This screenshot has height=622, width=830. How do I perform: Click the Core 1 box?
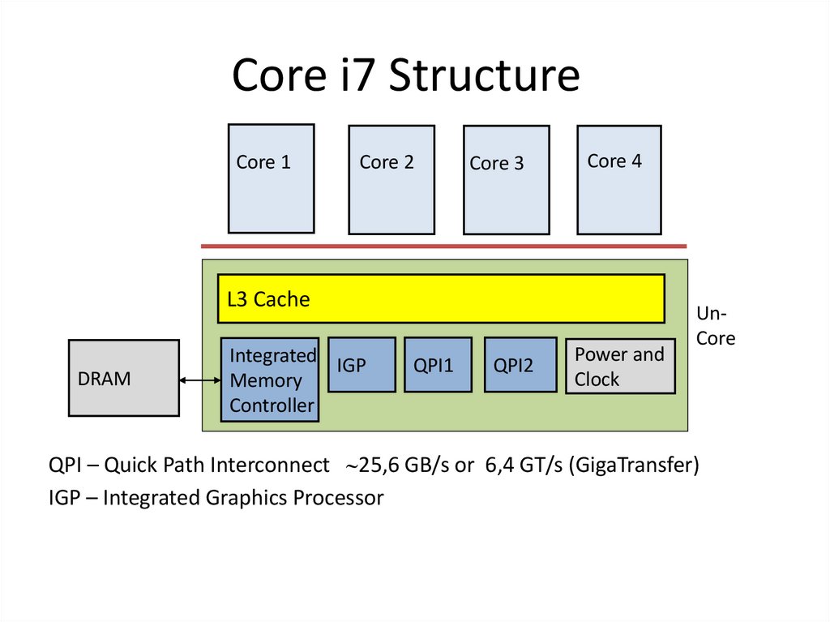(271, 178)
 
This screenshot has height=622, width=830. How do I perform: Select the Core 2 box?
(391, 179)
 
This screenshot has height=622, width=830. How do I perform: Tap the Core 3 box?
(506, 179)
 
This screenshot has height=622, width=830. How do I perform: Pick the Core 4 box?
(618, 179)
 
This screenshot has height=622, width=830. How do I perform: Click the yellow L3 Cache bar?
(441, 298)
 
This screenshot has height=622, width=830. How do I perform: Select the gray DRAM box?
(123, 378)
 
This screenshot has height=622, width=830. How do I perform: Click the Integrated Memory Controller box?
(270, 380)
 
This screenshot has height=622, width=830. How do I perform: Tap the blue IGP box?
(362, 365)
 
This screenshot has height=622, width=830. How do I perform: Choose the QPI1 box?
(438, 365)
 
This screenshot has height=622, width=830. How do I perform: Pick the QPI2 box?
(520, 365)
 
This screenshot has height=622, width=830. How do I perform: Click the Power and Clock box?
(620, 367)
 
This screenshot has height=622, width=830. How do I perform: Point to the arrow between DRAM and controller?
(200, 380)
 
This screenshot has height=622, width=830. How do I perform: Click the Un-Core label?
(715, 326)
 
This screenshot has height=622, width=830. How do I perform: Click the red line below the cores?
(443, 246)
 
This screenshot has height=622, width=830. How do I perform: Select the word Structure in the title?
(484, 76)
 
